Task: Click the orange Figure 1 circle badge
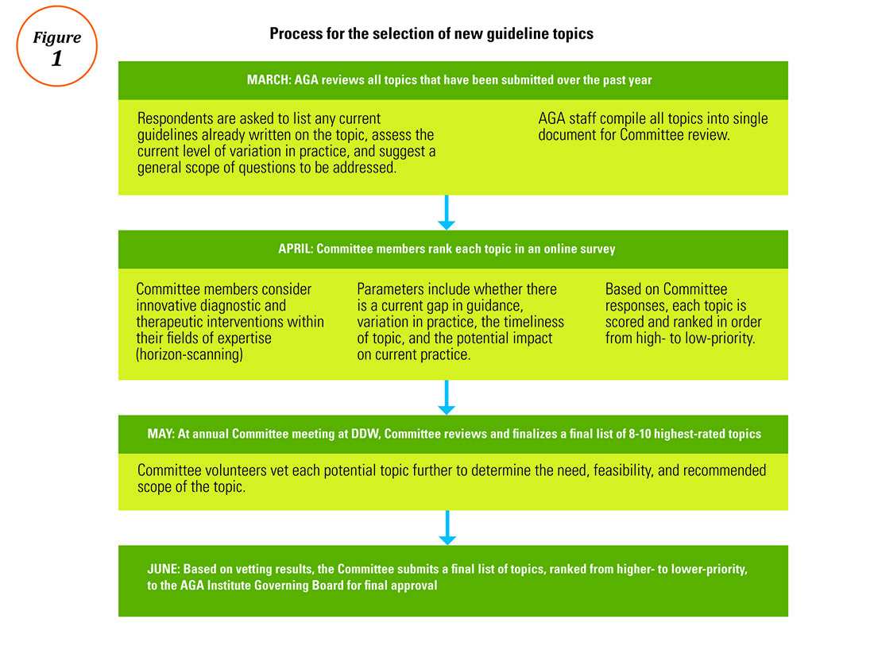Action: [57, 6]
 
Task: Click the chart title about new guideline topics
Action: [431, 34]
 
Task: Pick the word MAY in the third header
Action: [160, 434]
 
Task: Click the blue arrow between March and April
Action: [447, 212]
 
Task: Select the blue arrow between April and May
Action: [447, 397]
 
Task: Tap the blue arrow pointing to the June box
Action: [447, 528]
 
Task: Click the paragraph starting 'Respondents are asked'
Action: [287, 143]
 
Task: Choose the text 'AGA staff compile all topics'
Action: [652, 126]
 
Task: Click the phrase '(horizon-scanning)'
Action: [190, 354]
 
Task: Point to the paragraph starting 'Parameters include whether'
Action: [460, 322]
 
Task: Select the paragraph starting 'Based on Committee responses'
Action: [683, 314]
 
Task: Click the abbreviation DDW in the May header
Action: [365, 434]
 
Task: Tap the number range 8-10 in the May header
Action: [640, 434]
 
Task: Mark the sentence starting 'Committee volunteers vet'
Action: [451, 478]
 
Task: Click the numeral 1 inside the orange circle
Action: [56, 59]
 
